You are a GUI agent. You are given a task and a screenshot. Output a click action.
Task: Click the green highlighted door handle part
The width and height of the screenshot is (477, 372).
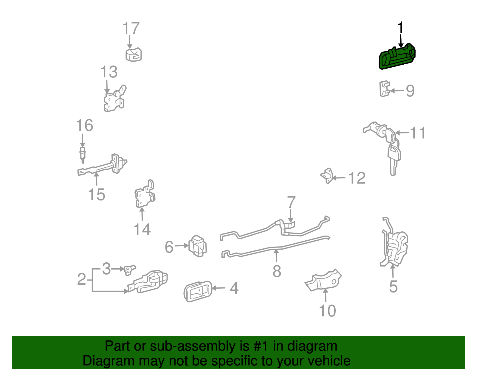point(397,57)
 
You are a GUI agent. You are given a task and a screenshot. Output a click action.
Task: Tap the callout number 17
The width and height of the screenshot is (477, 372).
point(131,28)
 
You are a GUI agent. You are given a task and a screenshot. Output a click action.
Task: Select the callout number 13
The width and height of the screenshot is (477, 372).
point(109,72)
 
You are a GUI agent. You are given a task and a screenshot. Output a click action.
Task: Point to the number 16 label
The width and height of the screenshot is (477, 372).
point(84,125)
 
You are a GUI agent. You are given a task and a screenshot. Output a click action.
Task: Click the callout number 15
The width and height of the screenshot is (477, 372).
point(96,194)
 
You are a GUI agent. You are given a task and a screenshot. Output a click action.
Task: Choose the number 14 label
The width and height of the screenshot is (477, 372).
point(142,230)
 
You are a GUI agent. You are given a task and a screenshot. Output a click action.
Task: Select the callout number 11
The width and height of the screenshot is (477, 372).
point(418,133)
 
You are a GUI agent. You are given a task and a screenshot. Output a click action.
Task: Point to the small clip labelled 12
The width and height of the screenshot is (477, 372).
point(327,176)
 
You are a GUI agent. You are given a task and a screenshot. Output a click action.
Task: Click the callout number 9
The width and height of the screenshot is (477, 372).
point(410,91)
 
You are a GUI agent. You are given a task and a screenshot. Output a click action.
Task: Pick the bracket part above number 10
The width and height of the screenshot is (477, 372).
point(323,280)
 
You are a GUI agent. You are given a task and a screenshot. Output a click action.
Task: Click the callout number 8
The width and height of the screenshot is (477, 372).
point(277,271)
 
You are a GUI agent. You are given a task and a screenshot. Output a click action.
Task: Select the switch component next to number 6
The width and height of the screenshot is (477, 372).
point(198,246)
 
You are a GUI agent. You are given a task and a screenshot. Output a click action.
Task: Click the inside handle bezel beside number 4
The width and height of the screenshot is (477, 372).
point(198,291)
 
